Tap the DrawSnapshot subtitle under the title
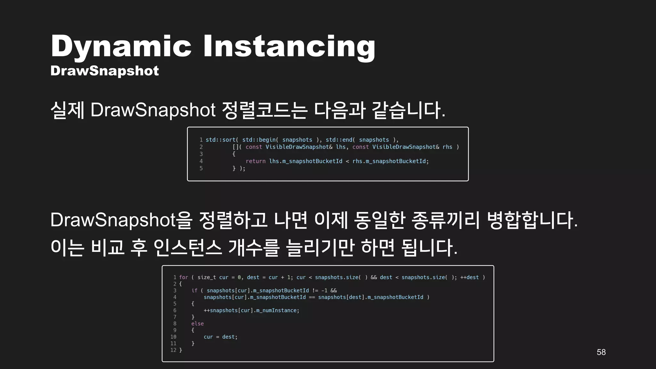coord(104,71)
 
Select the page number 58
coord(601,352)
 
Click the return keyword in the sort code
coord(255,161)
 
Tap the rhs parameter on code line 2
coord(447,147)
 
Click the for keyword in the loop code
coord(184,277)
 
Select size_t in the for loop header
coord(206,277)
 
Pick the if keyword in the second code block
coord(194,291)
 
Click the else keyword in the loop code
coord(197,324)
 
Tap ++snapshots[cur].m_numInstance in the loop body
coord(251,310)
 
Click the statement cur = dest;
coord(220,337)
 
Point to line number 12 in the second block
coord(173,350)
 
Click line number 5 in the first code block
coord(201,168)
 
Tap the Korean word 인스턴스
coord(187,248)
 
